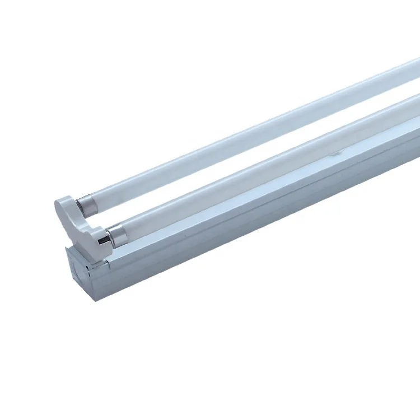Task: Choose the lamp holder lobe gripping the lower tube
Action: pyautogui.click(x=95, y=238)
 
